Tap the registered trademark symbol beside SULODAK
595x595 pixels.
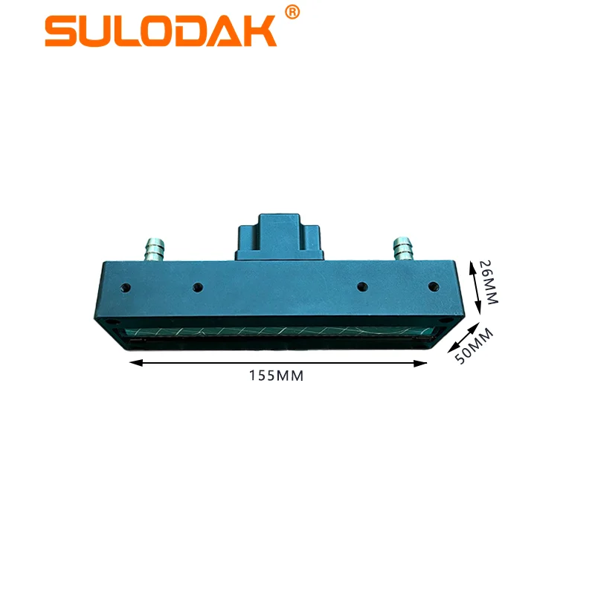point(292,12)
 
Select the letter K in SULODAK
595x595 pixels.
point(259,31)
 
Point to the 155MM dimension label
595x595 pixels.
point(277,376)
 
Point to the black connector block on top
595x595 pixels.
point(280,236)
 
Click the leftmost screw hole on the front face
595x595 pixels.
point(126,286)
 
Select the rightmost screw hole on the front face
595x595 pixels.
point(430,286)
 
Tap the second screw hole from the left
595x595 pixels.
point(197,286)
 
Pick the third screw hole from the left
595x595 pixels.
point(362,286)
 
